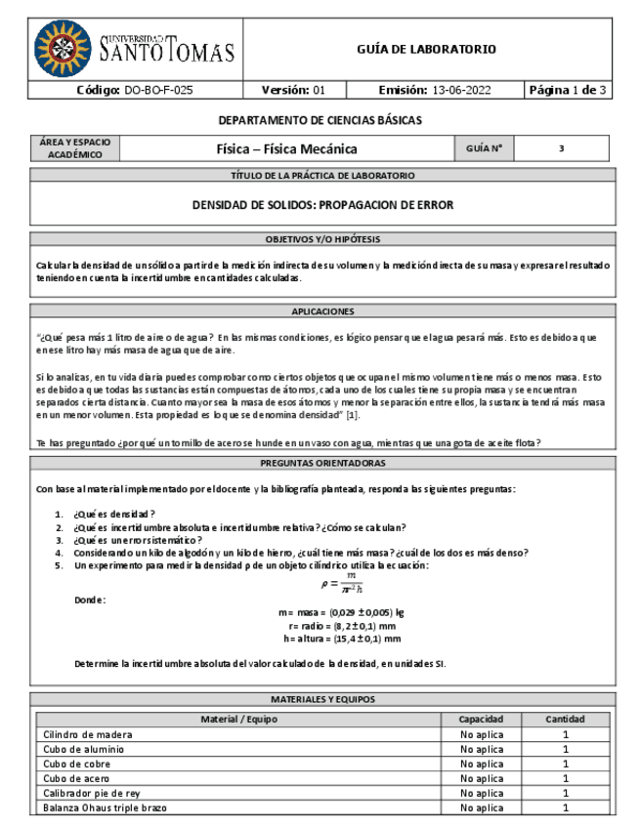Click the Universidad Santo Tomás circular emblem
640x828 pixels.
pyautogui.click(x=64, y=48)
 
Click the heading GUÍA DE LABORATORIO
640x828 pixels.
pyautogui.click(x=426, y=49)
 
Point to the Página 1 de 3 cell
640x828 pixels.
pyautogui.click(x=568, y=90)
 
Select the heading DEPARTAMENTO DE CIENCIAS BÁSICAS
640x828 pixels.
pyautogui.click(x=320, y=121)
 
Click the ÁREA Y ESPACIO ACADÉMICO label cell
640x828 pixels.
pyautogui.click(x=74, y=148)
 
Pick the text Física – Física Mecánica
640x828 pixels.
pyautogui.click(x=286, y=149)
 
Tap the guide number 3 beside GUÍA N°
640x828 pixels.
pyautogui.click(x=562, y=149)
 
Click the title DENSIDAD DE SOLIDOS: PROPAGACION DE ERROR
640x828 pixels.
pyautogui.click(x=322, y=206)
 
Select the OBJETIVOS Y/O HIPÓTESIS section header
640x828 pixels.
pyautogui.click(x=322, y=239)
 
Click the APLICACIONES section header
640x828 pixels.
pyautogui.click(x=322, y=311)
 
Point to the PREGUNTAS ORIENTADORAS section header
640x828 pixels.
pyautogui.click(x=322, y=463)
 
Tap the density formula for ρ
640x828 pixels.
pyautogui.click(x=343, y=584)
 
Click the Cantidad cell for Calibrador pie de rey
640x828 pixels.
pyautogui.click(x=565, y=793)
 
